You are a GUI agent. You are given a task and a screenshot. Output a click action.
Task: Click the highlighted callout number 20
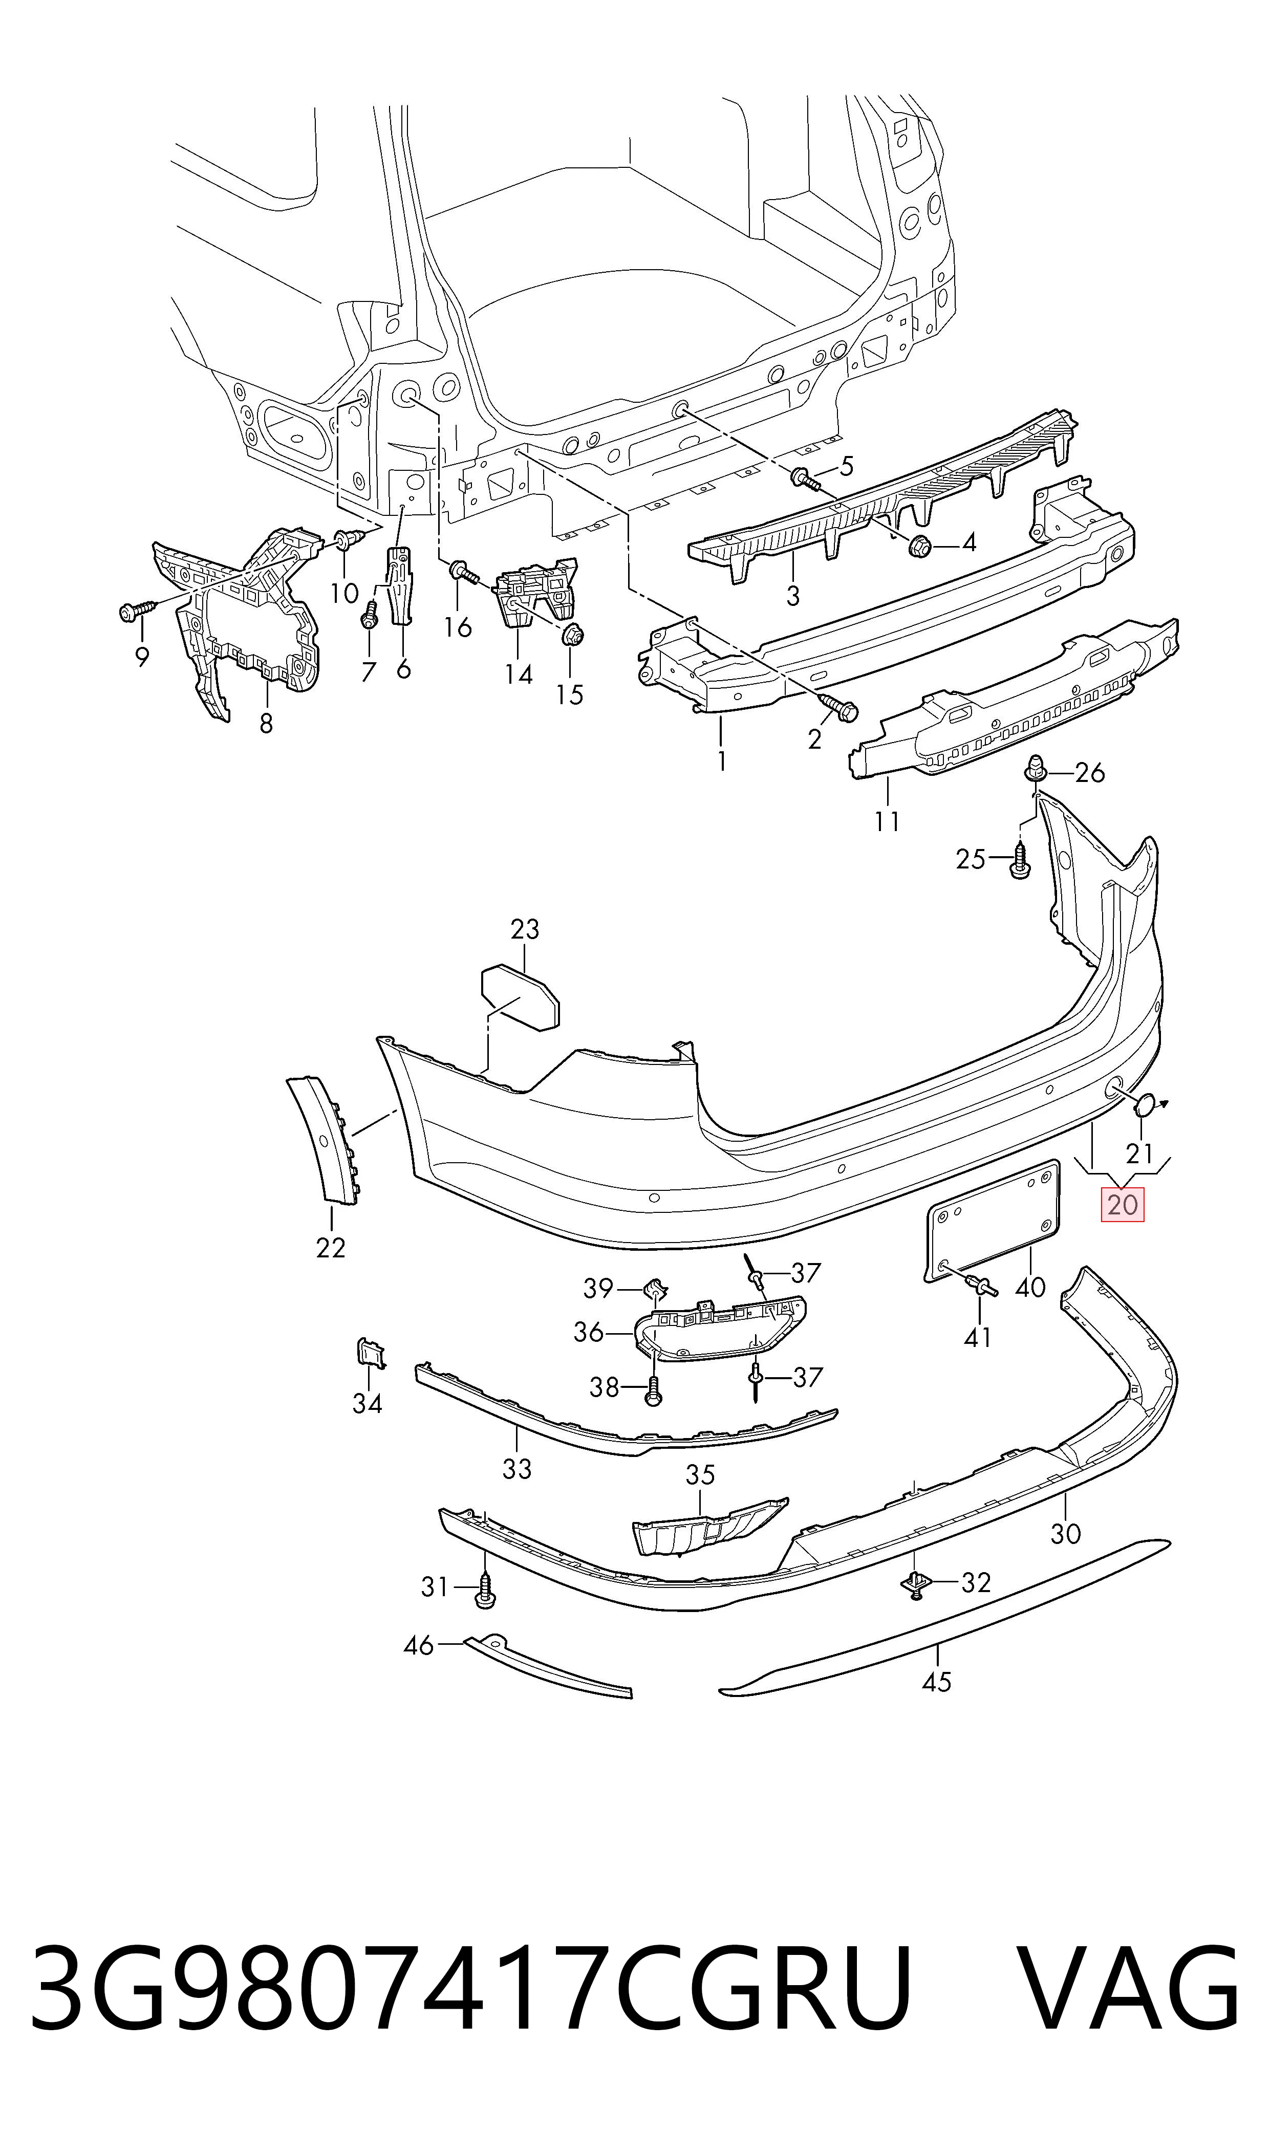[1122, 1205]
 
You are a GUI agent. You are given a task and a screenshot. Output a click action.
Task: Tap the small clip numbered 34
[372, 1353]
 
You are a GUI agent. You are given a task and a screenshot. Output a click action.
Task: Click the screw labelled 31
[485, 1590]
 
